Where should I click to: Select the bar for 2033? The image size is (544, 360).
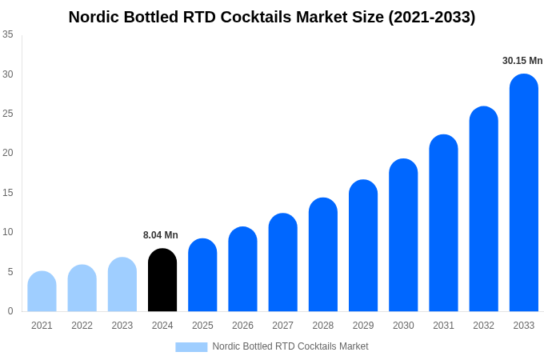click(x=523, y=193)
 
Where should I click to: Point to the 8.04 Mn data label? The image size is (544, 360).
click(x=161, y=235)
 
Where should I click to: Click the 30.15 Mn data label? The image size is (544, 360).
click(x=522, y=61)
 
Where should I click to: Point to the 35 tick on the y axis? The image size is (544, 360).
click(x=8, y=34)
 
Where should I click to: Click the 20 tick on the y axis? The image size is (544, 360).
click(x=8, y=153)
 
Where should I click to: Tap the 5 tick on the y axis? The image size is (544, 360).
click(x=10, y=272)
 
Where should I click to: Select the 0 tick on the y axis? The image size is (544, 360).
click(x=10, y=311)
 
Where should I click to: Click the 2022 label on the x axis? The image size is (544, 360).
click(x=82, y=326)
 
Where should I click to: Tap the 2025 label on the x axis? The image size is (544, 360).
click(x=202, y=326)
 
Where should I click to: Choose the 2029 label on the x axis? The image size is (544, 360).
click(x=363, y=326)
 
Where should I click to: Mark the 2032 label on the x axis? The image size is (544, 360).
click(x=483, y=326)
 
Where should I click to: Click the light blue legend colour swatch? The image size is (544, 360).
click(x=191, y=347)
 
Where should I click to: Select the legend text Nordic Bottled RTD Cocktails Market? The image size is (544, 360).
click(x=290, y=346)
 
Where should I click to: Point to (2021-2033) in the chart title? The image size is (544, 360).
click(x=431, y=17)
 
